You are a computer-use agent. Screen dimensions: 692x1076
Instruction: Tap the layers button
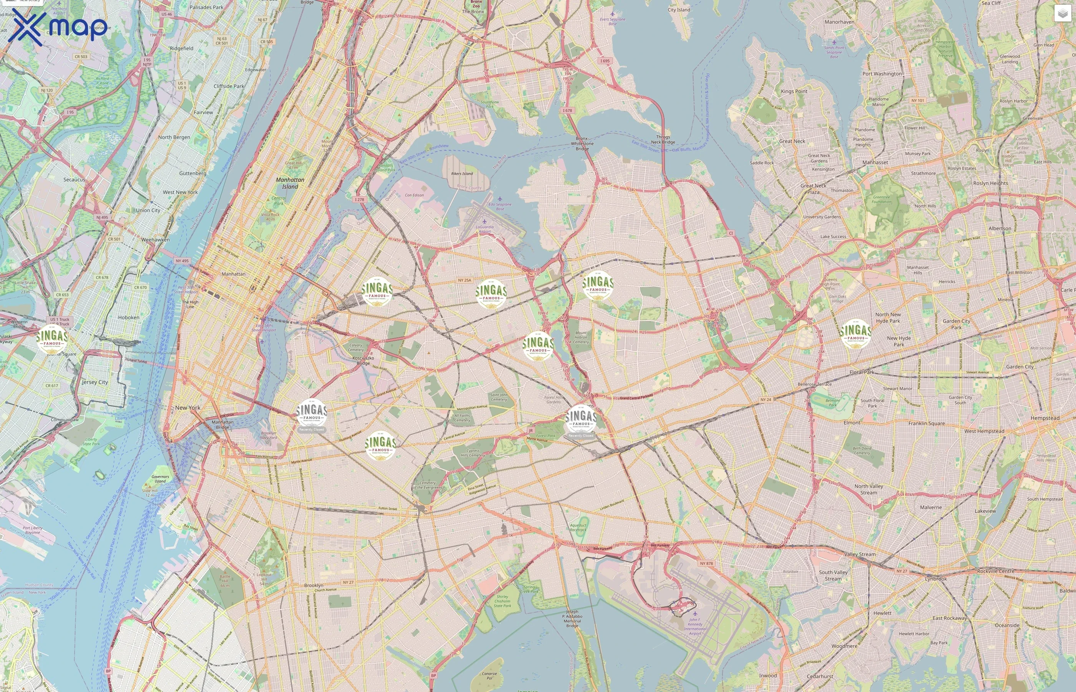[x=1063, y=13]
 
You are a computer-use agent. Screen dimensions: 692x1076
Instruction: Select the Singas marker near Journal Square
[x=52, y=339]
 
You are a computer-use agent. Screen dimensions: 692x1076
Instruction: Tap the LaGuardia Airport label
[x=485, y=229]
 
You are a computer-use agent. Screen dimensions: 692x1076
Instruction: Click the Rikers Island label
[x=462, y=173]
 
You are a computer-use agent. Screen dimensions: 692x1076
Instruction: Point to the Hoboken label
[x=128, y=317]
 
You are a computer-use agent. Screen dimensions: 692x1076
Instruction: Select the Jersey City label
[x=95, y=382]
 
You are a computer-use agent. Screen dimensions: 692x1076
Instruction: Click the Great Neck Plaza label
[x=813, y=189]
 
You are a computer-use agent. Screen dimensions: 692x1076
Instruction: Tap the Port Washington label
[x=882, y=74]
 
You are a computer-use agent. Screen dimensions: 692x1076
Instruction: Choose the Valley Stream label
[x=860, y=554]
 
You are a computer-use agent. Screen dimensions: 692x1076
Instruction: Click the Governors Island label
[x=160, y=479]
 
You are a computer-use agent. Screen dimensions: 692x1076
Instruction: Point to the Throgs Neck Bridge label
[x=663, y=139]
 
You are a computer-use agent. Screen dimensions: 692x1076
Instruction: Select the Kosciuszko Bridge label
[x=363, y=360]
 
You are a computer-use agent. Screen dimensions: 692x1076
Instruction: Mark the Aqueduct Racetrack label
[x=578, y=527]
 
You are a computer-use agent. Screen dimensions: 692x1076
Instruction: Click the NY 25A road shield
[x=464, y=280]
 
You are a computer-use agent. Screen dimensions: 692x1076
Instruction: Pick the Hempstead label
[x=1044, y=418]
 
